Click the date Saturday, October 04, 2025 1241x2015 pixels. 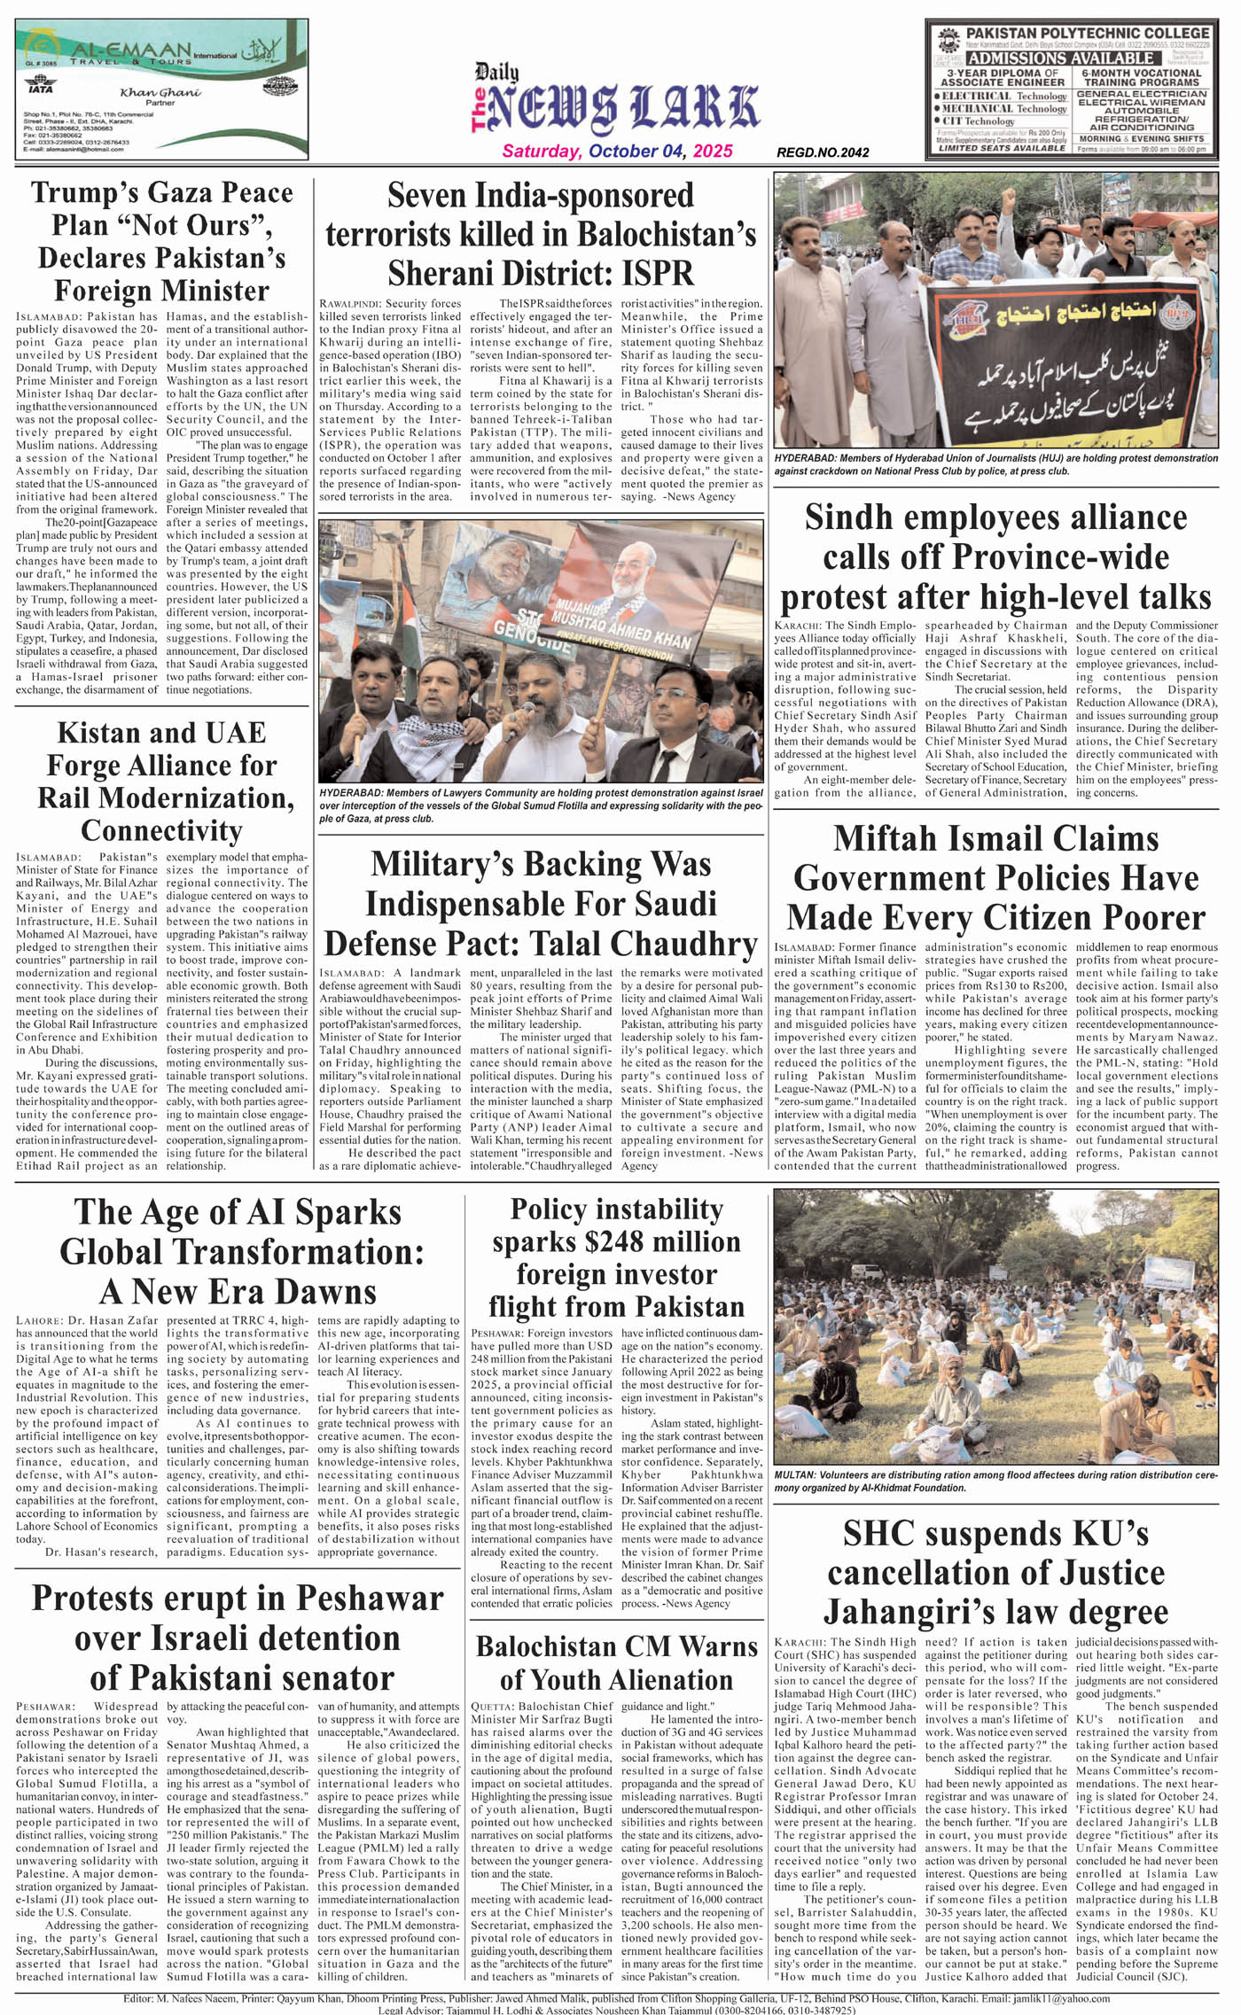click(x=617, y=151)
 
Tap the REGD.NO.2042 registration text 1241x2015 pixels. click(x=822, y=152)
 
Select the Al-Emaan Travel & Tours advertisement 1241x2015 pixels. click(x=161, y=89)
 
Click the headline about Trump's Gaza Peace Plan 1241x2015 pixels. click(x=161, y=241)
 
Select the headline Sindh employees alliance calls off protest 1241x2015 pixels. click(x=995, y=556)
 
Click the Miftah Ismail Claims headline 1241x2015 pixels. click(x=995, y=877)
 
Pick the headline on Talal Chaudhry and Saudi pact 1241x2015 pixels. click(x=541, y=903)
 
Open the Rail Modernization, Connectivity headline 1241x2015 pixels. click(x=161, y=782)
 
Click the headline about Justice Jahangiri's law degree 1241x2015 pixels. click(x=995, y=1573)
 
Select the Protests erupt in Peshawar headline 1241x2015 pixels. click(x=238, y=1638)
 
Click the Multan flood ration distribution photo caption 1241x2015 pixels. click(x=995, y=1481)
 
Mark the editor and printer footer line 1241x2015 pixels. click(x=616, y=1998)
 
